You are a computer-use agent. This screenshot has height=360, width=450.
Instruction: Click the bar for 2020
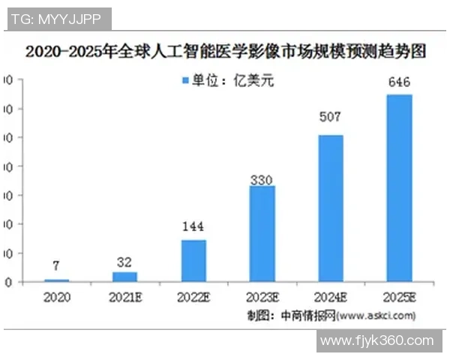coord(57,280)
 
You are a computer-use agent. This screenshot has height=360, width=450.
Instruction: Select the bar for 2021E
coord(124,277)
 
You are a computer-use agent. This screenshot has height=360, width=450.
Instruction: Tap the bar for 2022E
coord(193,261)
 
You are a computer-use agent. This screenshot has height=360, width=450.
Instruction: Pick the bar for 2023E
coord(262,234)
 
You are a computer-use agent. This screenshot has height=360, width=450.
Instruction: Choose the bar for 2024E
coord(331,208)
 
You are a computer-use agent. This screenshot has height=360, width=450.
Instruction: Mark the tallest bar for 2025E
coord(399,188)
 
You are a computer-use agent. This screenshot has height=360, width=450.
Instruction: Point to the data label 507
coord(331,117)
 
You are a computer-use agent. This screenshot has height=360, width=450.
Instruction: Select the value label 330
coord(262,180)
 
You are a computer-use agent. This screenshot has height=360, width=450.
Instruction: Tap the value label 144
coord(193,226)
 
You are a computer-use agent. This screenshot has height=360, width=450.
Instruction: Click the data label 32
coord(124,262)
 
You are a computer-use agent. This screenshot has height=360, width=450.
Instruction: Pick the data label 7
coord(57,265)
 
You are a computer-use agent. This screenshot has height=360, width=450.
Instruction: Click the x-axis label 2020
coord(57,297)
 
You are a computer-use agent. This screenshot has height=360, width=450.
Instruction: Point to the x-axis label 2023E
coord(262,297)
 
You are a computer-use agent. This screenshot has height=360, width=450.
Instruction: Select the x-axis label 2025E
coord(399,297)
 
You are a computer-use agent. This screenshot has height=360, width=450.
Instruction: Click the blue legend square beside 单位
coord(185,80)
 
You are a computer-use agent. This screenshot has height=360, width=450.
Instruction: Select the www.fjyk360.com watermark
coord(376,340)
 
